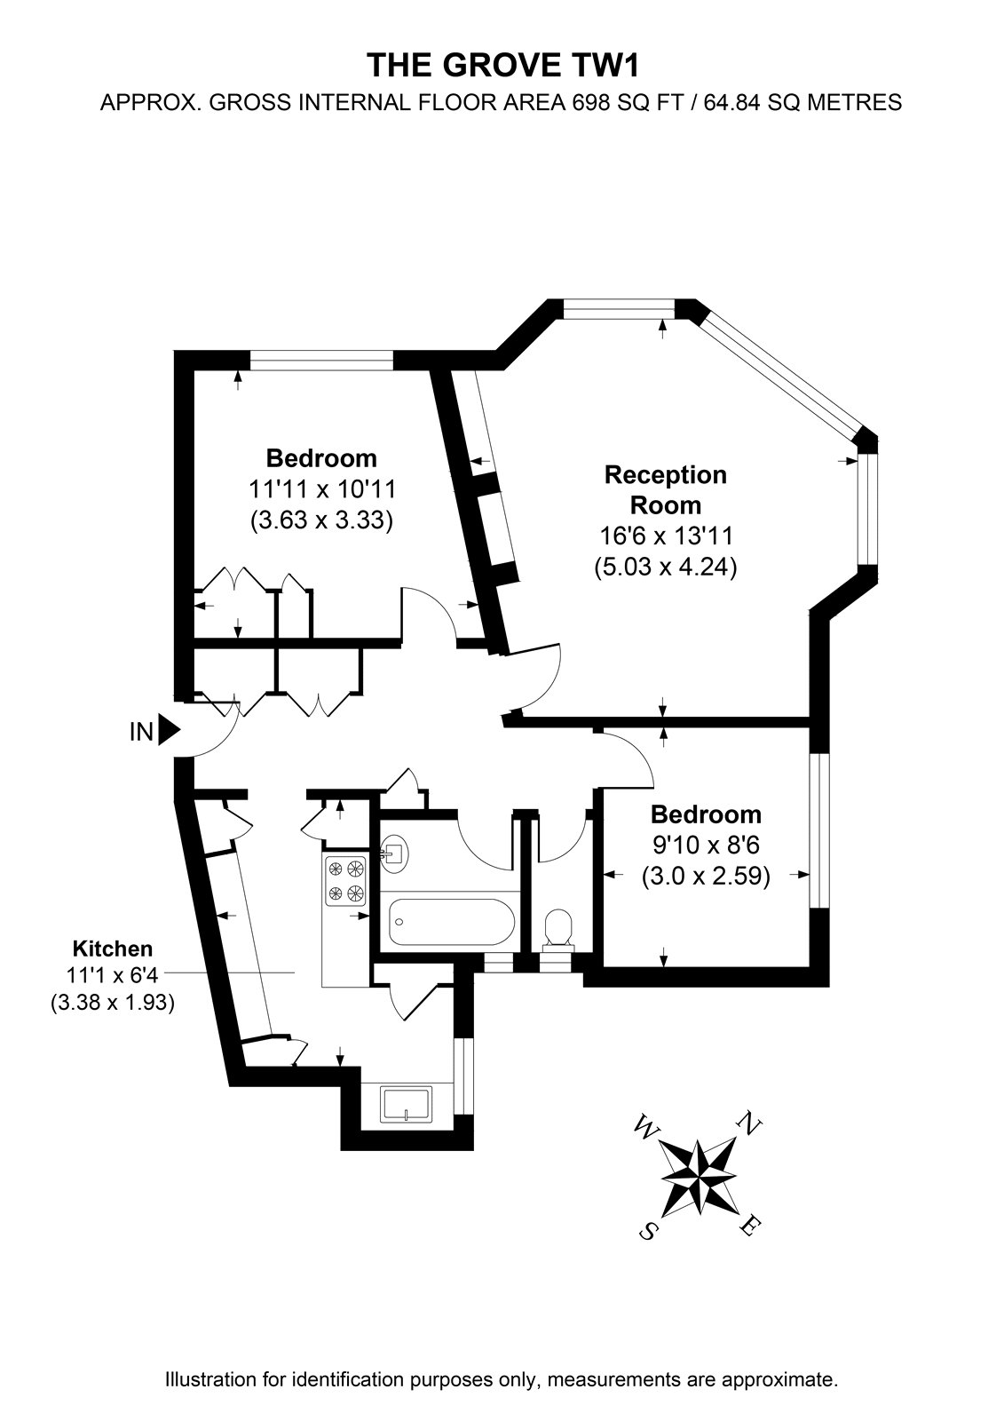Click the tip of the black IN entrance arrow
[181, 732]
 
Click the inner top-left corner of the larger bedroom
[194, 370]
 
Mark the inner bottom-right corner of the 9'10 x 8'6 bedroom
[810, 967]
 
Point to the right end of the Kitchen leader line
[295, 972]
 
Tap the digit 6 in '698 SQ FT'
[577, 102]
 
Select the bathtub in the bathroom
[453, 922]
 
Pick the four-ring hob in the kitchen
[345, 880]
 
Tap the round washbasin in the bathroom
[394, 853]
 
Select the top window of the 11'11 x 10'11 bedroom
[321, 361]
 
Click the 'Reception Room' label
[665, 489]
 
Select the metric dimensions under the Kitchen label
[112, 1003]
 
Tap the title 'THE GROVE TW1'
[502, 66]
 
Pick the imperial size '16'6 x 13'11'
[666, 536]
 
